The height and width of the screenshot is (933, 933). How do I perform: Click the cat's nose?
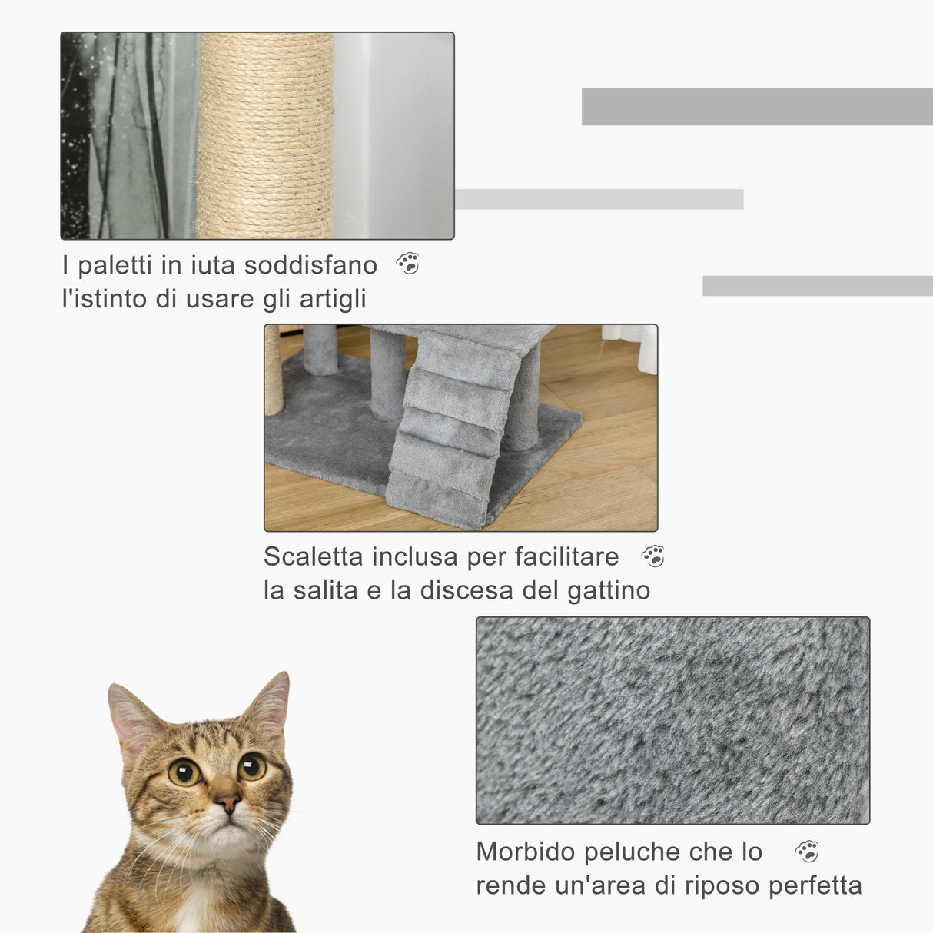coord(227,804)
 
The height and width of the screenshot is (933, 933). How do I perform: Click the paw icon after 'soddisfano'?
coord(407,264)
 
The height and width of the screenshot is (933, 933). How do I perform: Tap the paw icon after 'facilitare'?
coord(652,556)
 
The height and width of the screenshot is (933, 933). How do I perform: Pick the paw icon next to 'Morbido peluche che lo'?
coord(806,851)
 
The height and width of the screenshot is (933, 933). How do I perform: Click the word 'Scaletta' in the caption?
coord(313,556)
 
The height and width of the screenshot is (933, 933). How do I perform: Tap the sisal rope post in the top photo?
coord(265,136)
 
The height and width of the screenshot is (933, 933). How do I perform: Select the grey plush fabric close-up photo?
coord(672,720)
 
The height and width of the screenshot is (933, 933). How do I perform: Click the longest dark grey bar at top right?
coord(757,107)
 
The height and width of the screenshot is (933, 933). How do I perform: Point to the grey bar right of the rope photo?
coord(599,199)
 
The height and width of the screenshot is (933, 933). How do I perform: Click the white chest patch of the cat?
coord(188,915)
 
